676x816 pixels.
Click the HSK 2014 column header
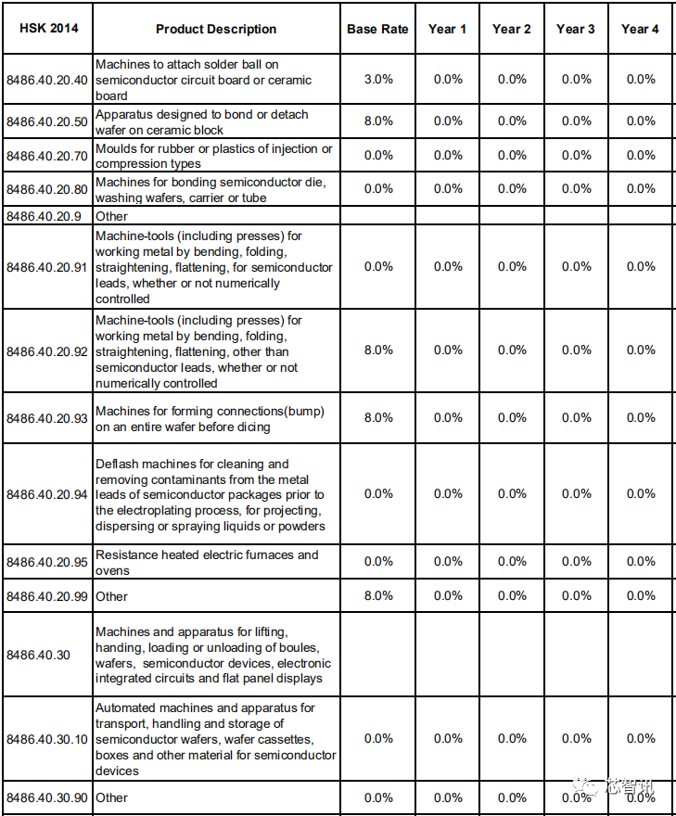[x=48, y=28]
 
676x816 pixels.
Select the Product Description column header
[x=216, y=29]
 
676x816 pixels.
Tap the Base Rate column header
[x=377, y=29]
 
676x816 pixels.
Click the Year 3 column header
[x=576, y=29]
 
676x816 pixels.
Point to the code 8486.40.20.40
[x=47, y=80]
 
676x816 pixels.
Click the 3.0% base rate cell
[x=378, y=80]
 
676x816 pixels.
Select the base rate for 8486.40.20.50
[x=378, y=121]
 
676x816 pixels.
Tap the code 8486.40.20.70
[x=47, y=156]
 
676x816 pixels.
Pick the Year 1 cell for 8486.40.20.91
[x=448, y=267]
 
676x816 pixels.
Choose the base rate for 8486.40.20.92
[x=378, y=351]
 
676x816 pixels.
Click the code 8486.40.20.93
[x=47, y=418]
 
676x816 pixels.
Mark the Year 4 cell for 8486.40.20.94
[x=641, y=494]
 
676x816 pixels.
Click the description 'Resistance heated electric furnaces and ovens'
[x=207, y=562]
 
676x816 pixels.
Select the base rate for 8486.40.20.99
[x=378, y=596]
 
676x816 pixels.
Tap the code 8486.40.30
[x=38, y=655]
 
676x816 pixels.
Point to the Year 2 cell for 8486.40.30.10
[x=512, y=739]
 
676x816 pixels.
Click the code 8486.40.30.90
[x=47, y=797]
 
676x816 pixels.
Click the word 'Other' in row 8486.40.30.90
[x=112, y=797]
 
